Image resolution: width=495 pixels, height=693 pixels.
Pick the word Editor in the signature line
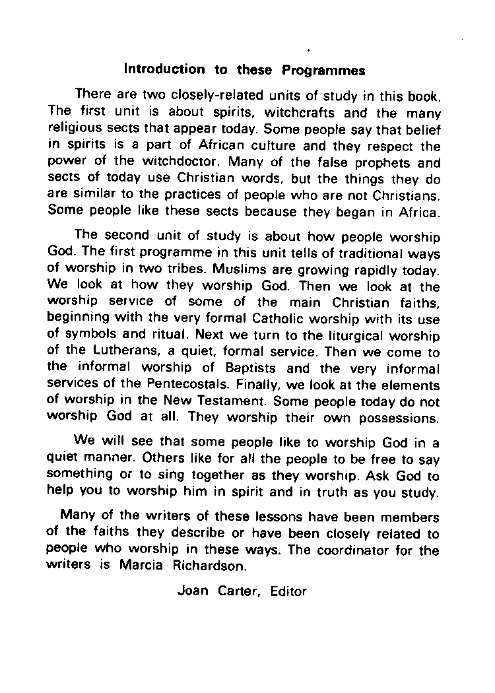(288, 591)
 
